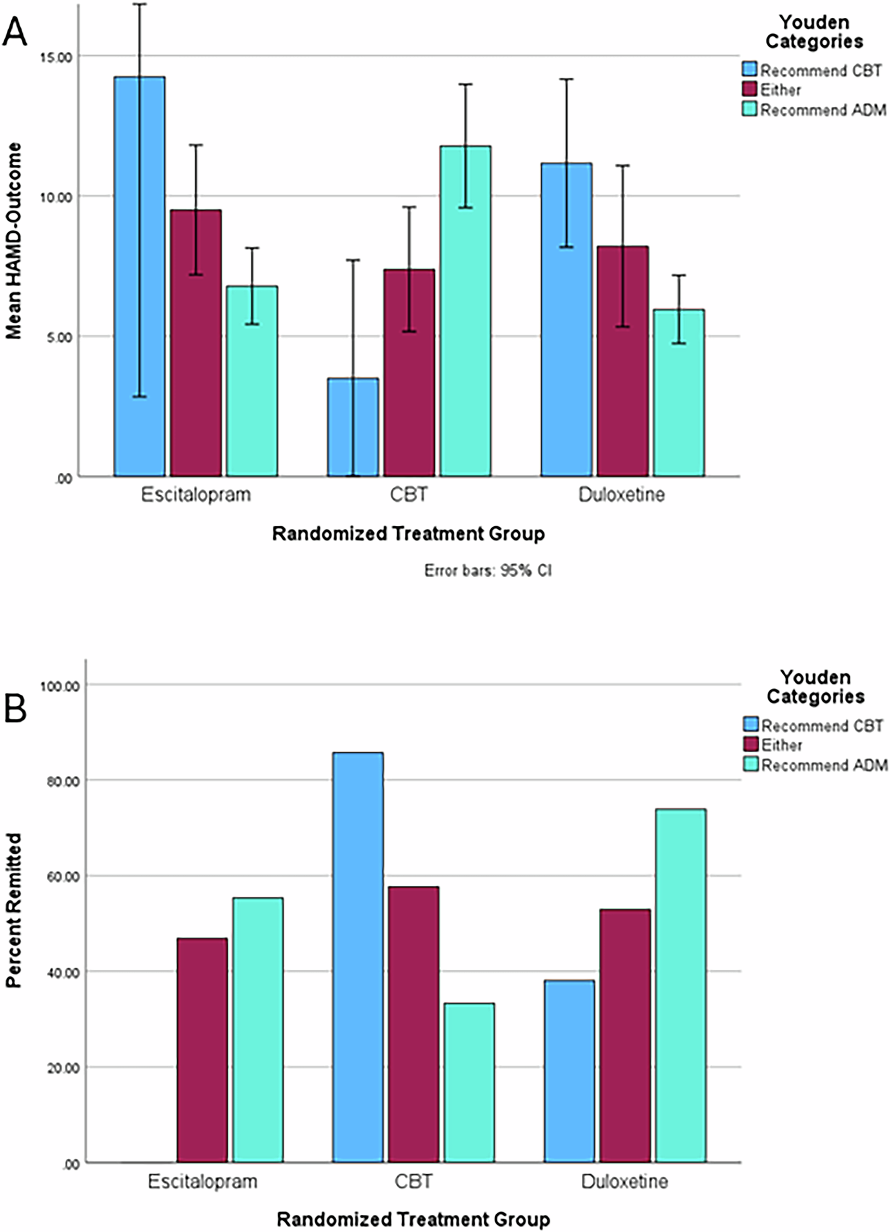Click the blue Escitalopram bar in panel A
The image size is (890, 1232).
click(x=139, y=277)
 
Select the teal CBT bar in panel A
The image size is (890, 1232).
click(x=466, y=311)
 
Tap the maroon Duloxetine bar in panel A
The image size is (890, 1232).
click(x=622, y=361)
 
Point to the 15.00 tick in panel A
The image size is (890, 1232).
click(x=57, y=57)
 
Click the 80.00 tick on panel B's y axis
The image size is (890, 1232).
click(x=61, y=781)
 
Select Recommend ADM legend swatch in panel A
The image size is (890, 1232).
click(x=750, y=109)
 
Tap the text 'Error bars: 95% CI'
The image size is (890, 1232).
click(x=487, y=571)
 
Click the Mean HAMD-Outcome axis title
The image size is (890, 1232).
click(x=14, y=241)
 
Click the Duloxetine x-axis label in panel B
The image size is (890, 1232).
click(x=625, y=1181)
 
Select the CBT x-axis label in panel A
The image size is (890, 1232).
click(x=408, y=495)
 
